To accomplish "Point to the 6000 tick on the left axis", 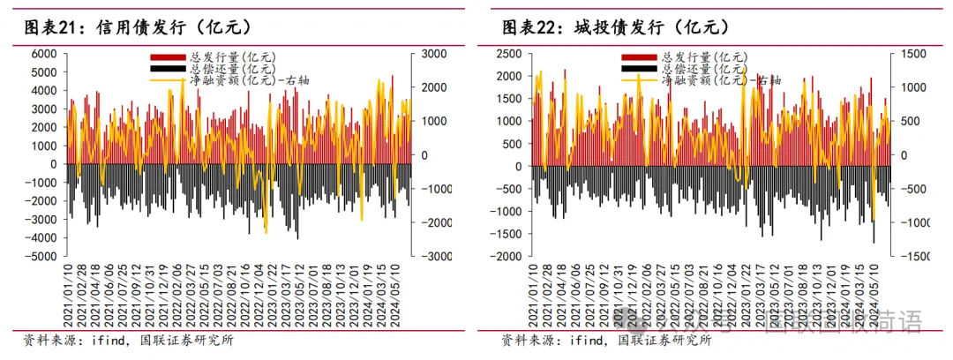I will (43, 54).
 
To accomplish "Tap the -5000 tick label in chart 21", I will (41, 257).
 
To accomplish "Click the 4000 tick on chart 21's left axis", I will (43, 91).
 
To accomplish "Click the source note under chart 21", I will (128, 340).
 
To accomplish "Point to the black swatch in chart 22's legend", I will (640, 68).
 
